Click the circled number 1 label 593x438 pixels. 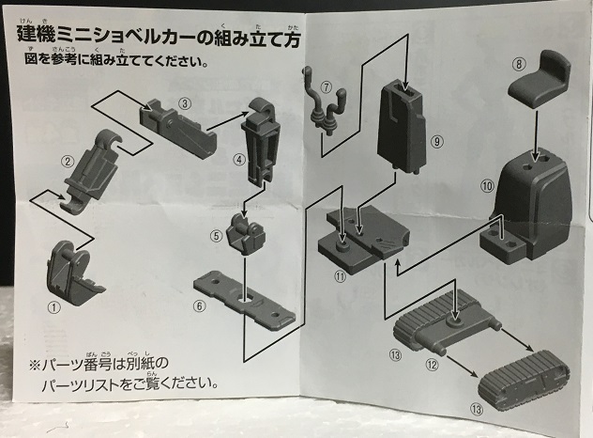(x=53, y=307)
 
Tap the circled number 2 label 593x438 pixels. (x=68, y=162)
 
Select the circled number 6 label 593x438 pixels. (x=200, y=305)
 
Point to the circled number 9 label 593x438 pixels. (x=437, y=141)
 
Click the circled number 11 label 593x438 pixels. (x=341, y=277)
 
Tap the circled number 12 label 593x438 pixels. (x=432, y=365)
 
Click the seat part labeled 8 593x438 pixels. (x=540, y=81)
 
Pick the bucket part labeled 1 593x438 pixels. (x=73, y=272)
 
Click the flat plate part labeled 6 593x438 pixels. (x=244, y=300)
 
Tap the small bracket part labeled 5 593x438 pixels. (x=246, y=233)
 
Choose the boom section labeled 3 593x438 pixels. (x=177, y=128)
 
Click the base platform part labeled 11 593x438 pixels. (x=364, y=240)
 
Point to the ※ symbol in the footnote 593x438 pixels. (x=35, y=366)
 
